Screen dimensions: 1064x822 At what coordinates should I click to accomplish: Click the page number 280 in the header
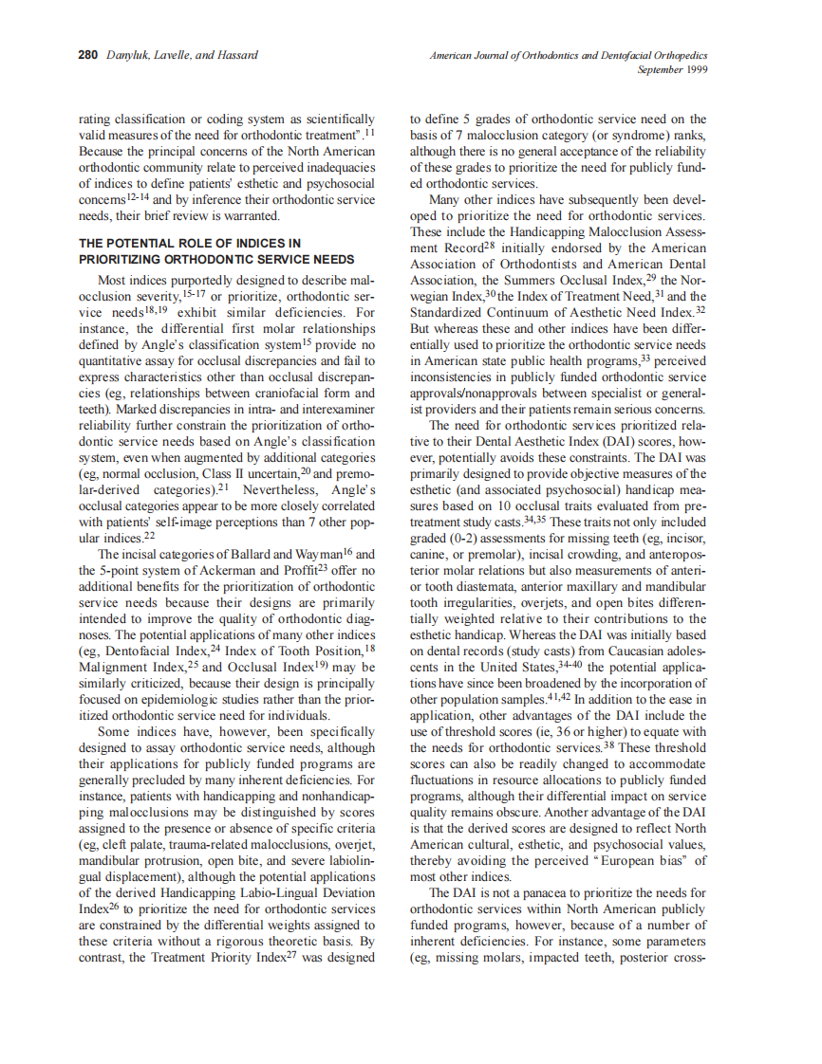point(87,56)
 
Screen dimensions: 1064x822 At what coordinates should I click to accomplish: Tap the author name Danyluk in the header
point(128,56)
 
